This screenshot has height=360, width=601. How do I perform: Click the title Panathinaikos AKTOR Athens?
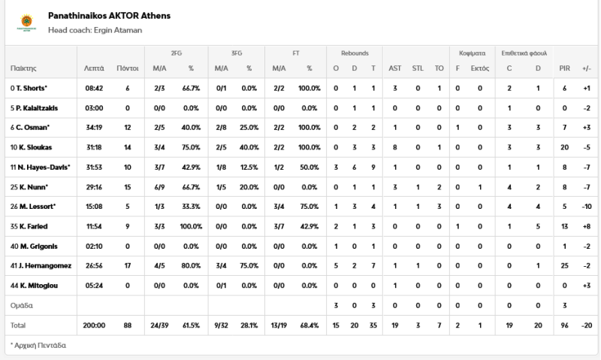pos(108,16)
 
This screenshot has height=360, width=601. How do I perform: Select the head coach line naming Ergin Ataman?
pos(95,30)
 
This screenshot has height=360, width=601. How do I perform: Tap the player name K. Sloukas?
pos(29,147)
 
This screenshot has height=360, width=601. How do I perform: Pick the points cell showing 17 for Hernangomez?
pos(128,265)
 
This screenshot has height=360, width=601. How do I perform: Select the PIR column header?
pos(565,68)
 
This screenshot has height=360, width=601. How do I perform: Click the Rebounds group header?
pos(355,53)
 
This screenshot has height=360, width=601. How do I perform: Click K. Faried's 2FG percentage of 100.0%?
pos(190,226)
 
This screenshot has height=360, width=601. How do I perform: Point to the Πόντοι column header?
pos(128,68)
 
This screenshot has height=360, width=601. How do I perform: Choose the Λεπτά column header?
pos(94,68)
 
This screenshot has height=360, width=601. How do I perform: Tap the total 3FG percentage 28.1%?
pos(248,325)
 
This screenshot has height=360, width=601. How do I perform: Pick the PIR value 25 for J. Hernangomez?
pos(565,265)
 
